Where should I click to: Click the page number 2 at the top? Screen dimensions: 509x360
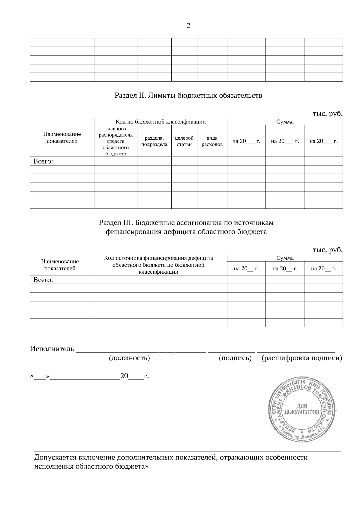click(x=188, y=26)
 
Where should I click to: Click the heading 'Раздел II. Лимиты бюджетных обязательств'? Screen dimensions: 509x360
click(x=188, y=96)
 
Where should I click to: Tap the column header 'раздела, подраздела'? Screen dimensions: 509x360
click(x=154, y=141)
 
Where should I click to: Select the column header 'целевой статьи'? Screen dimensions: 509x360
click(x=184, y=141)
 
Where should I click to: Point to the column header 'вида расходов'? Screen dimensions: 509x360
click(x=212, y=141)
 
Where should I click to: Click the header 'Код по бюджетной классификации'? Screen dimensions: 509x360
click(x=160, y=122)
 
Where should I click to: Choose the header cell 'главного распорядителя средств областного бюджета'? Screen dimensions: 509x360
click(x=115, y=141)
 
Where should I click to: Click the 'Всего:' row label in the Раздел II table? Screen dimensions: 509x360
click(x=43, y=161)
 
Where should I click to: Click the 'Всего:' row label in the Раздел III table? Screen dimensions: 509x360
click(x=43, y=280)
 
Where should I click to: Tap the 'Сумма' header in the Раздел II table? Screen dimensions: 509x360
click(x=285, y=122)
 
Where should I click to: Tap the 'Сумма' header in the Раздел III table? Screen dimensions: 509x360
click(x=285, y=258)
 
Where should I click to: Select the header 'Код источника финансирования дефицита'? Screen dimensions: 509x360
click(x=158, y=258)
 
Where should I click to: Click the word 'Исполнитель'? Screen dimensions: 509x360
click(x=52, y=349)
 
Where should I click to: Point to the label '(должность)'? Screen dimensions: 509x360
click(x=129, y=358)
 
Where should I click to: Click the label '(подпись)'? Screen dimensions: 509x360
click(x=235, y=358)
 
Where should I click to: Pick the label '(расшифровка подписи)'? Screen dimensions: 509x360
click(x=302, y=358)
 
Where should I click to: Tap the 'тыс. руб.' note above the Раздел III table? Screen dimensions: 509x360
click(x=327, y=249)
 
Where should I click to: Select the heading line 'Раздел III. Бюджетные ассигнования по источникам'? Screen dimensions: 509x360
click(x=186, y=223)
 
